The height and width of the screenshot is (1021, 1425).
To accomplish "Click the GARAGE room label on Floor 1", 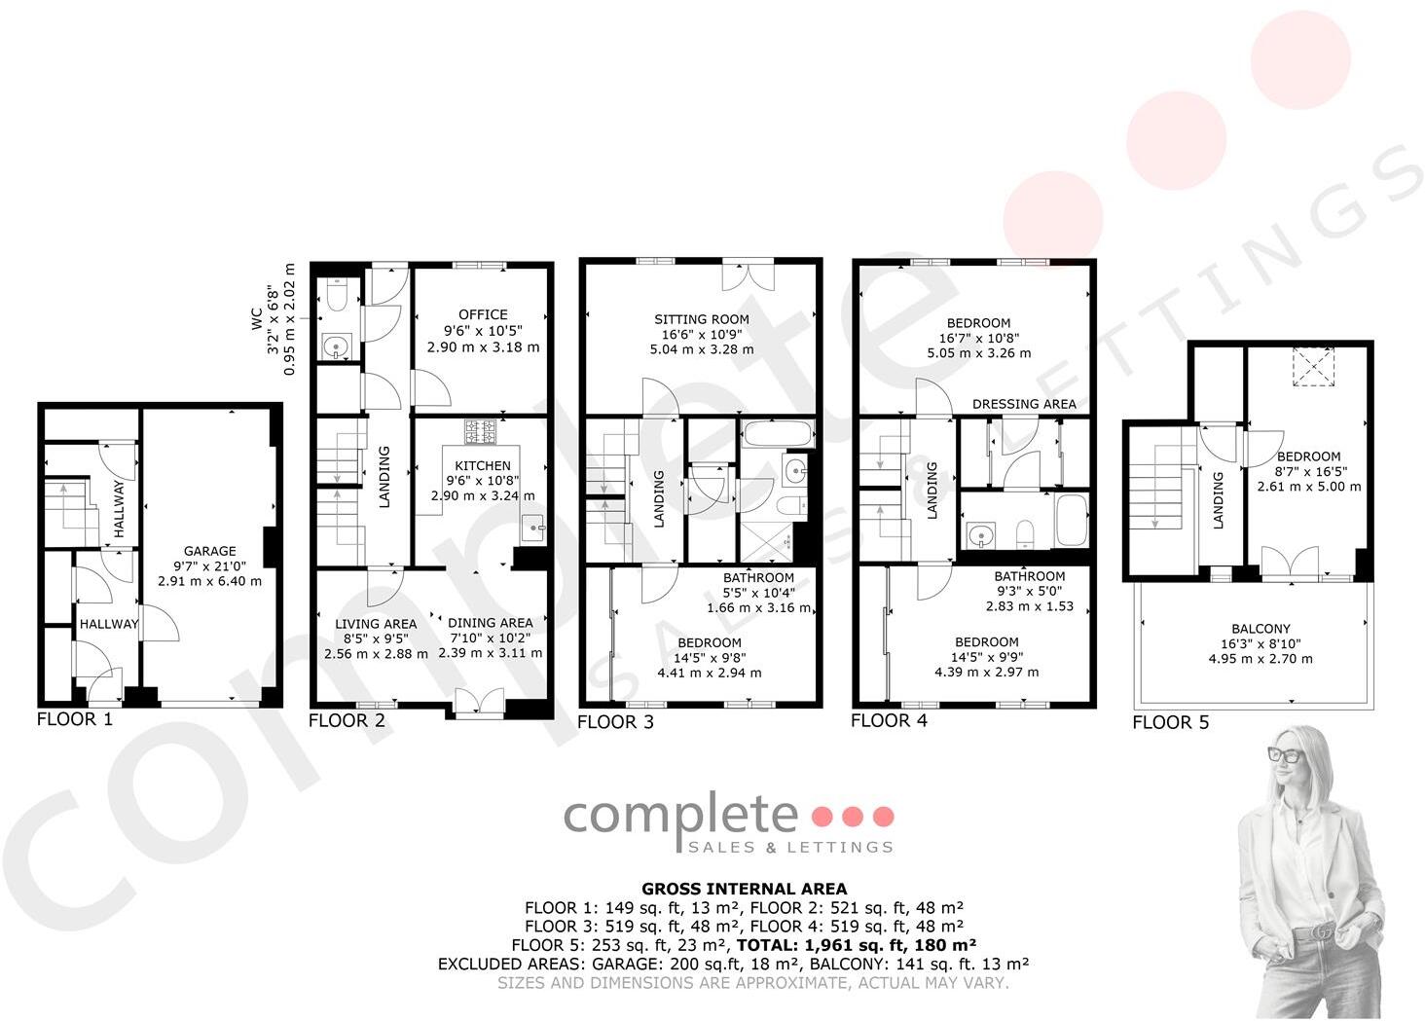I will (x=209, y=551).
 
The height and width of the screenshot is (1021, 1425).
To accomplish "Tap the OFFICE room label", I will (x=483, y=314).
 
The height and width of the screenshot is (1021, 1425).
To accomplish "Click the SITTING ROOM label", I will (x=701, y=319).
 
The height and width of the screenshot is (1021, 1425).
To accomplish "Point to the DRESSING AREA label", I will (x=1024, y=404).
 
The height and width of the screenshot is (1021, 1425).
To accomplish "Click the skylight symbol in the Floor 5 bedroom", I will (x=1309, y=367).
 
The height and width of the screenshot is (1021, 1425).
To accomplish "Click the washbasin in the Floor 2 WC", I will (x=336, y=346).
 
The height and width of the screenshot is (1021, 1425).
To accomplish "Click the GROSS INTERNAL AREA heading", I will (x=744, y=889).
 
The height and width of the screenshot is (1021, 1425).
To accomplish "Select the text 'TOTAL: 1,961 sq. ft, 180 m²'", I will (x=857, y=945).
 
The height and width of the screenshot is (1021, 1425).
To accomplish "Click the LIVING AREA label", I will (x=376, y=624).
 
